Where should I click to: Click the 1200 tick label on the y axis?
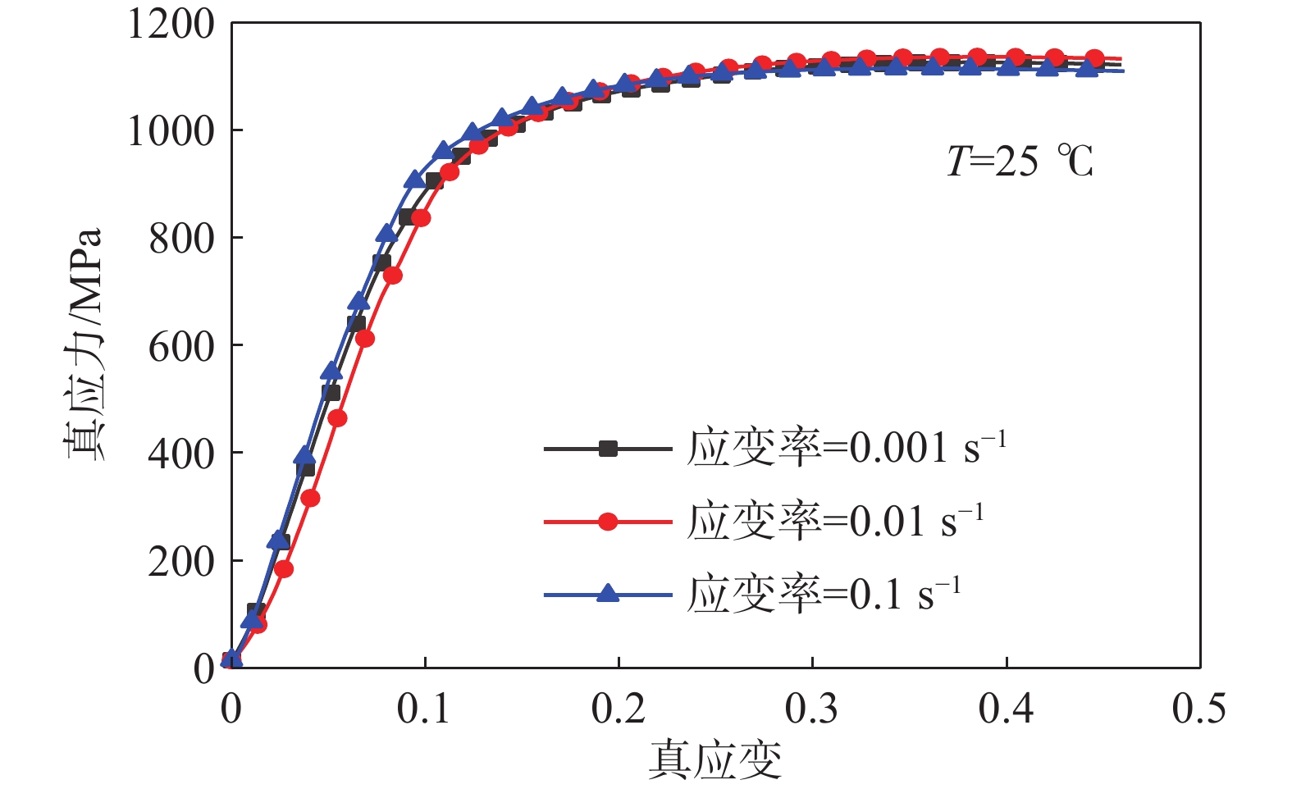coord(171,24)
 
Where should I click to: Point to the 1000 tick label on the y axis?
coord(171,131)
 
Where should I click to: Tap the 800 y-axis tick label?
coord(181,239)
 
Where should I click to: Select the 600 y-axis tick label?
coord(181,346)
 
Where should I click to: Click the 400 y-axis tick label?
coord(181,454)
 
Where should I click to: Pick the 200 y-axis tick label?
coord(181,562)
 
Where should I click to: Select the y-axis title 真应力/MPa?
coord(84,344)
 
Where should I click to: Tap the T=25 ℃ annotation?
coord(1020,161)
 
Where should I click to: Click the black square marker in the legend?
coord(608,449)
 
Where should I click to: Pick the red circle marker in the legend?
coord(608,521)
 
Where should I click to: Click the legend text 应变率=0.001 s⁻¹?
coord(846,447)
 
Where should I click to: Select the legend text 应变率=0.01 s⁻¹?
coord(834,520)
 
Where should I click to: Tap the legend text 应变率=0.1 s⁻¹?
coord(823,593)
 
